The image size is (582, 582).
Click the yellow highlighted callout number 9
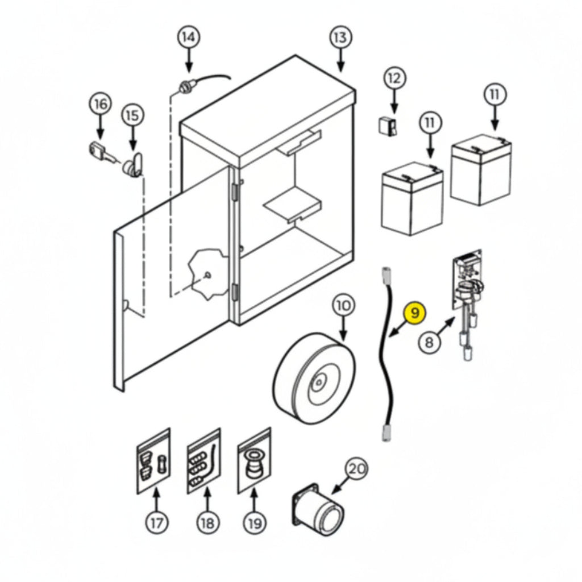pyautogui.click(x=415, y=314)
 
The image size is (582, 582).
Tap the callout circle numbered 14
pyautogui.click(x=189, y=37)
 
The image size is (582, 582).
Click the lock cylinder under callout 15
pyautogui.click(x=133, y=165)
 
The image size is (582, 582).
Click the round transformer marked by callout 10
pyautogui.click(x=314, y=378)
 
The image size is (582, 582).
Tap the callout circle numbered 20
pyautogui.click(x=356, y=469)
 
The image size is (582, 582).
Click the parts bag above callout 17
pyautogui.click(x=153, y=461)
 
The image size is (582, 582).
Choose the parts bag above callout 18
pyautogui.click(x=203, y=461)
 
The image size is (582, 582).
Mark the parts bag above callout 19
pyautogui.click(x=254, y=461)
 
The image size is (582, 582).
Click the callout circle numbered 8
pyautogui.click(x=430, y=342)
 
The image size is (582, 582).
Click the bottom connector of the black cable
pyautogui.click(x=386, y=433)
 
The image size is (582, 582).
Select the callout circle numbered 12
pyautogui.click(x=394, y=78)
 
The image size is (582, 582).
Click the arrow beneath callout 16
pyautogui.click(x=100, y=127)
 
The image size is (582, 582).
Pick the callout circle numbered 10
pyautogui.click(x=343, y=305)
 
